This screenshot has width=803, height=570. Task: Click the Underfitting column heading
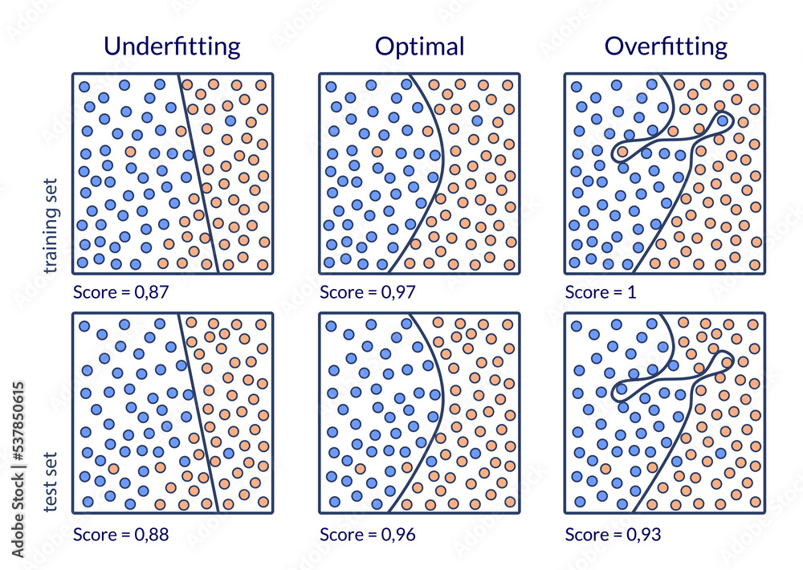tap(173, 46)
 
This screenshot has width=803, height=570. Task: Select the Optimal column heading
tap(419, 46)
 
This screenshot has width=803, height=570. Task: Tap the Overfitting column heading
tap(666, 46)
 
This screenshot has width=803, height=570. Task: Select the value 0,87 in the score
tap(152, 291)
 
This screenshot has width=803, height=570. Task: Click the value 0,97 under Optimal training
tap(398, 291)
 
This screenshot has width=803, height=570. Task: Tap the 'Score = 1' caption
tap(601, 291)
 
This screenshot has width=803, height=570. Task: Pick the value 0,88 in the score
tap(152, 534)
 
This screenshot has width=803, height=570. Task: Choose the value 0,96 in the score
tap(398, 534)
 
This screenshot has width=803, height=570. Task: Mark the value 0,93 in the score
tap(645, 534)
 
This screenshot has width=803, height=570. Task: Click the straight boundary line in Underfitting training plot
tap(198, 173)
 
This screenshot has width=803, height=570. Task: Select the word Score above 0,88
tap(93, 534)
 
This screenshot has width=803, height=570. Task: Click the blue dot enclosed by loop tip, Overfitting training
tap(723, 121)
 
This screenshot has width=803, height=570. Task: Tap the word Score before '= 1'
tap(585, 291)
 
